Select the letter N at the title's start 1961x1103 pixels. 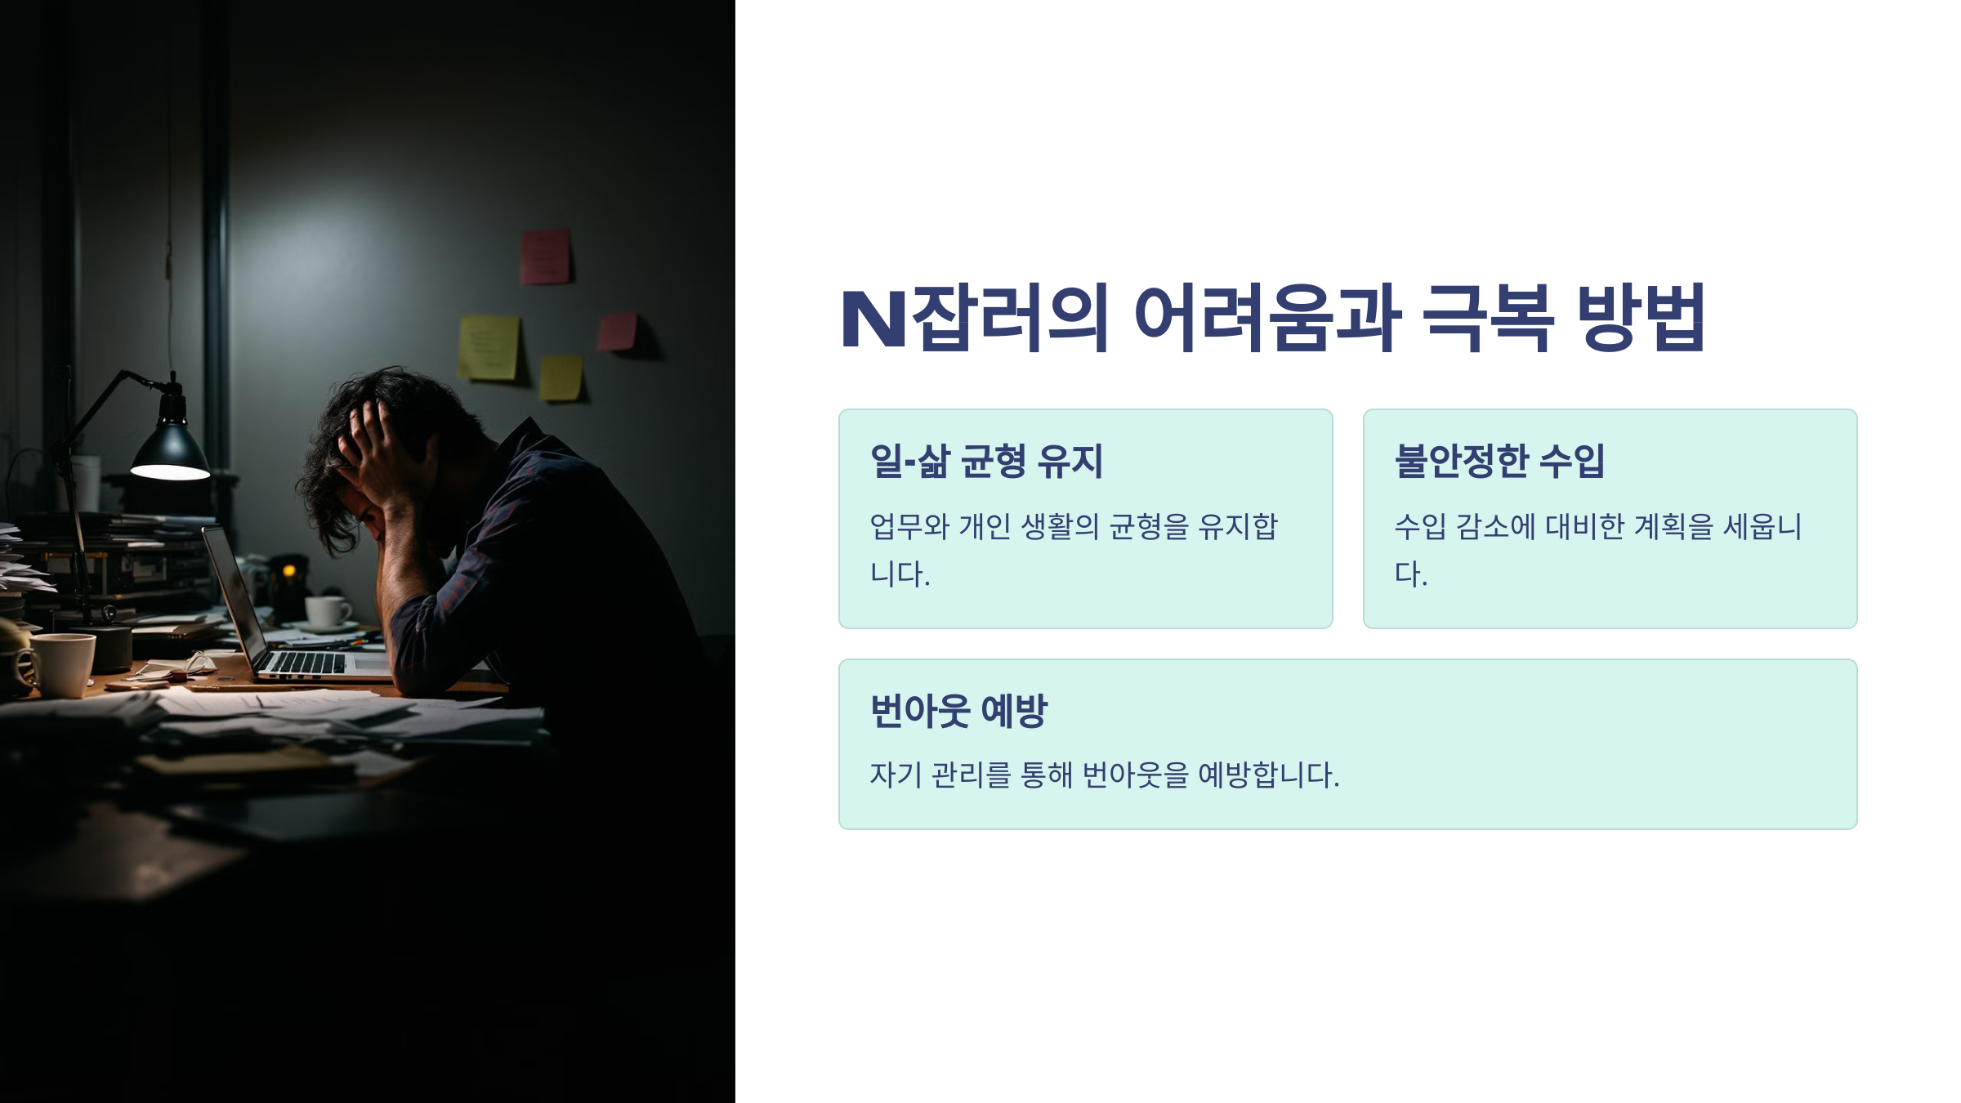tap(873, 319)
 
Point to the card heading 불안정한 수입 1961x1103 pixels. tap(1499, 461)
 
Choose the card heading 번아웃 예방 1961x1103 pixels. tap(958, 710)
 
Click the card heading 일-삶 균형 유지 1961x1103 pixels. tap(986, 461)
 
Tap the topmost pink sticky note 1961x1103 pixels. tap(545, 257)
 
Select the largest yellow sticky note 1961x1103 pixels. tap(489, 348)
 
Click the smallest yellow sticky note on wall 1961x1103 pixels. tap(561, 377)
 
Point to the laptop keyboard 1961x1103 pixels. tap(306, 663)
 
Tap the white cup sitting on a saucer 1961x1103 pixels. tap(327, 611)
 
